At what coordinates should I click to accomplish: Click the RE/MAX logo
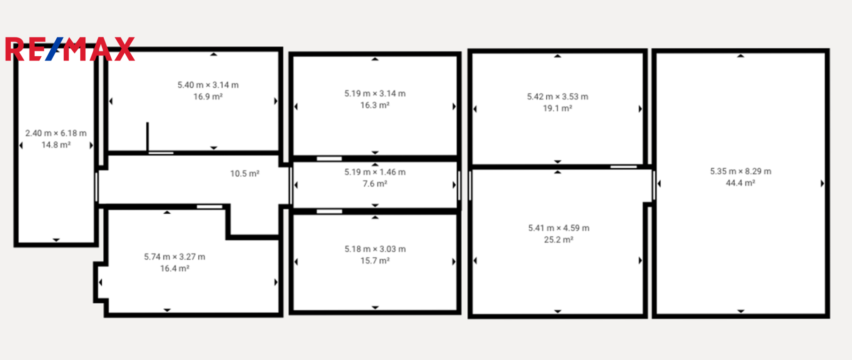coord(70,49)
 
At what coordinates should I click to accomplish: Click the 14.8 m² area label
coord(56,145)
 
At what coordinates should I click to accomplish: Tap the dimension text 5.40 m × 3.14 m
coord(208,85)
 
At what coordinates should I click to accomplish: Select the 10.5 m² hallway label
coord(245,173)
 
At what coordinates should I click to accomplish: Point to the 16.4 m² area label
coord(174,269)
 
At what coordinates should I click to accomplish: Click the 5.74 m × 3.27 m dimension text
coord(174,257)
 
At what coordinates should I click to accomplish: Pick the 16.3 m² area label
coord(375,105)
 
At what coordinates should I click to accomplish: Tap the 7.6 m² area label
coord(375,184)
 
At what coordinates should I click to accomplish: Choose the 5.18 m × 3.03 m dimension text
coord(375,249)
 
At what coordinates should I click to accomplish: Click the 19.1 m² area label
coord(558,108)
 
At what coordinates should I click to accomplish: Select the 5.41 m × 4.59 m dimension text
coord(558,228)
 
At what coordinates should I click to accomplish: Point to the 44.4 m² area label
coord(740,183)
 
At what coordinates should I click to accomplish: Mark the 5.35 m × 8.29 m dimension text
coord(740,171)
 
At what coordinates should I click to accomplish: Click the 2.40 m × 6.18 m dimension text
coord(56,133)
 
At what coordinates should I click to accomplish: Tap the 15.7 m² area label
coord(375,261)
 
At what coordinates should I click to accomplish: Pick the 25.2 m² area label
coord(558,240)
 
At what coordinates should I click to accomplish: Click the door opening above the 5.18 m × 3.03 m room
coord(329,212)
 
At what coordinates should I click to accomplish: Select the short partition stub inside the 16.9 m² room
coord(147,137)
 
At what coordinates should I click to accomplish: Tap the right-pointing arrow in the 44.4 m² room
coord(822,184)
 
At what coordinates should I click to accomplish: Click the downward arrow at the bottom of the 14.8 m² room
coord(56,240)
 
